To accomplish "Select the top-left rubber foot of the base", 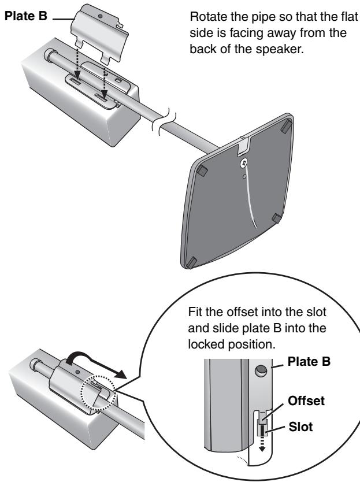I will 202,171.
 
